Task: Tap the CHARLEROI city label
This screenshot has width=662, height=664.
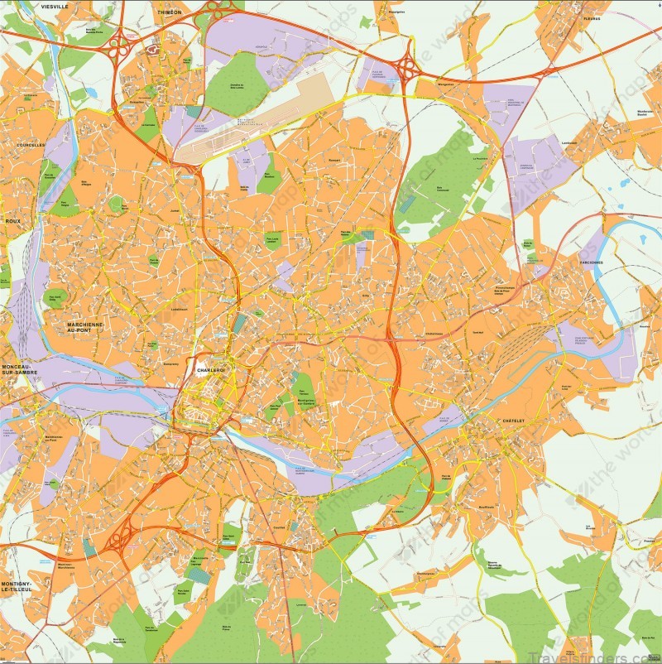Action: tap(211, 370)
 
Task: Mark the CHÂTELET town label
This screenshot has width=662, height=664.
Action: tap(513, 421)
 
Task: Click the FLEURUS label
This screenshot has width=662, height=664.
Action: tap(591, 18)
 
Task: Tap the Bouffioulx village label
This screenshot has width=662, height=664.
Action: tap(486, 507)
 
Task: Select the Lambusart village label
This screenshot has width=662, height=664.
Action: tap(568, 142)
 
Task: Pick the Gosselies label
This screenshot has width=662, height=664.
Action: tap(137, 103)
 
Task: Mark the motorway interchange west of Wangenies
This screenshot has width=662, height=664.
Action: tap(405, 64)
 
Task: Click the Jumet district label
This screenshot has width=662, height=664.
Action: tap(175, 210)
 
